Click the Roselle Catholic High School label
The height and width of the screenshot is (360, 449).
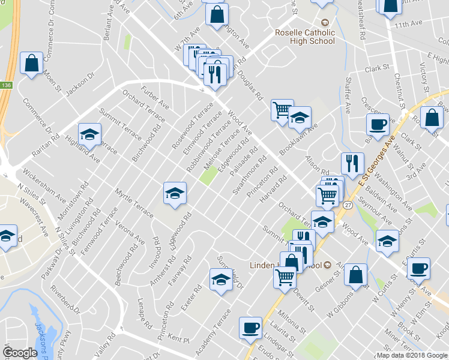304,37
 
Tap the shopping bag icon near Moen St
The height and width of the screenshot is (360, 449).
31,63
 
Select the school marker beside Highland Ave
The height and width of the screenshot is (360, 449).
89,135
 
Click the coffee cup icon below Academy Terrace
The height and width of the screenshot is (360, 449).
250,328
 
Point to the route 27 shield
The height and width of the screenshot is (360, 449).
348,205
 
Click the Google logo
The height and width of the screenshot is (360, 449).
20,353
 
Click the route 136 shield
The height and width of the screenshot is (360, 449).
5,85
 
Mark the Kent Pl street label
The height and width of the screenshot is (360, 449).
178,339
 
